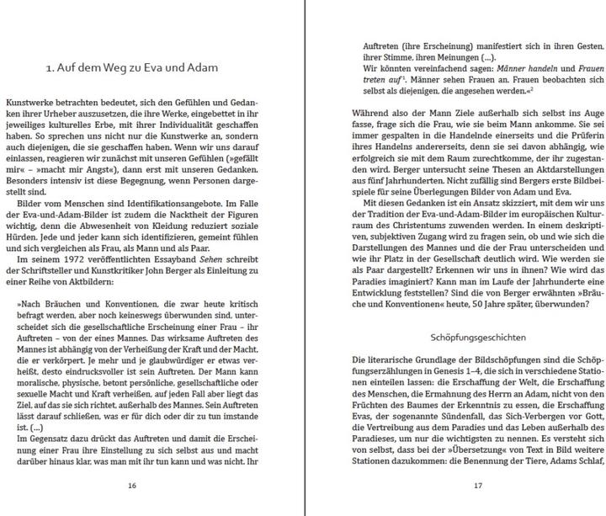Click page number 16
pyautogui.click(x=131, y=485)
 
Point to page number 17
pyautogui.click(x=476, y=485)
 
